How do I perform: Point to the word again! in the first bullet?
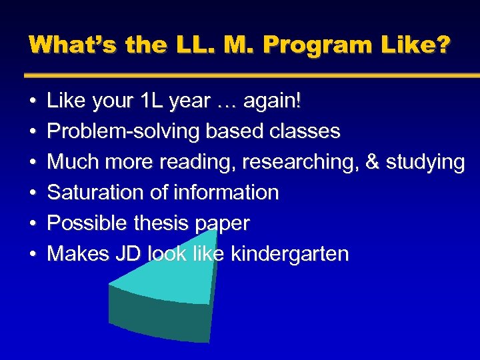tap(273, 101)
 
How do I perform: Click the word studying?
tap(425, 162)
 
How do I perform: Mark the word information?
tap(226, 193)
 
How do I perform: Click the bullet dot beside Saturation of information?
tap(33, 193)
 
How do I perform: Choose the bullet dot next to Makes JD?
tap(33, 254)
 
